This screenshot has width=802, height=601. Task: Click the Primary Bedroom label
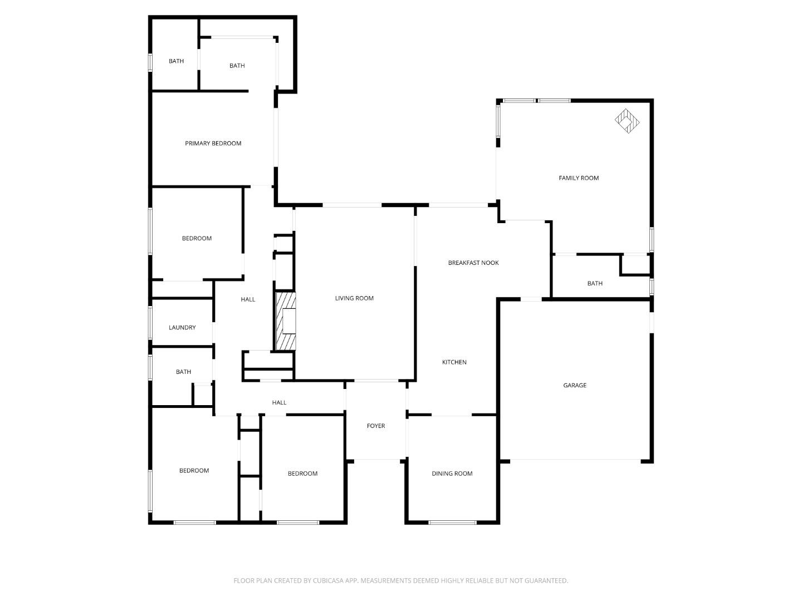coord(213,144)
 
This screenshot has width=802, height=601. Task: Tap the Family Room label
coord(579,178)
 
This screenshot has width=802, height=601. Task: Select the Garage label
coord(575,385)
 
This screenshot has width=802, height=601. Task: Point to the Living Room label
coord(354,298)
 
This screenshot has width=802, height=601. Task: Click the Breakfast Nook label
coord(473,263)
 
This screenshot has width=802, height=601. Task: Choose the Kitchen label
coord(454,362)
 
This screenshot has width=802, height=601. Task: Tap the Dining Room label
coord(452,474)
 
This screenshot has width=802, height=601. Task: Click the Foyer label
coord(375,426)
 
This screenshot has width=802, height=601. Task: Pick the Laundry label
coord(182,328)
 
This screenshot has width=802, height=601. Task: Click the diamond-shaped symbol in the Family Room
coord(627,121)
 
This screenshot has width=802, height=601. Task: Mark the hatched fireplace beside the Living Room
coord(286,321)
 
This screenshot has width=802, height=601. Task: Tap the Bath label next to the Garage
coord(595,283)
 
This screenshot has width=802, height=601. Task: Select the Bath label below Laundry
coord(183,372)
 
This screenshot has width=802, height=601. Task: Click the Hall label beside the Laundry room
coord(248,299)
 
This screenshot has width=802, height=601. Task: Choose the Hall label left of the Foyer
coord(279,402)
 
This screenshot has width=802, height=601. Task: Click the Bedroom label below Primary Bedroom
coord(197,238)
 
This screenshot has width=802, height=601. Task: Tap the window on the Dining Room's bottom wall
coord(452,523)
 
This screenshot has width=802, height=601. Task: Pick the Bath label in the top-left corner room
coord(176,61)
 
